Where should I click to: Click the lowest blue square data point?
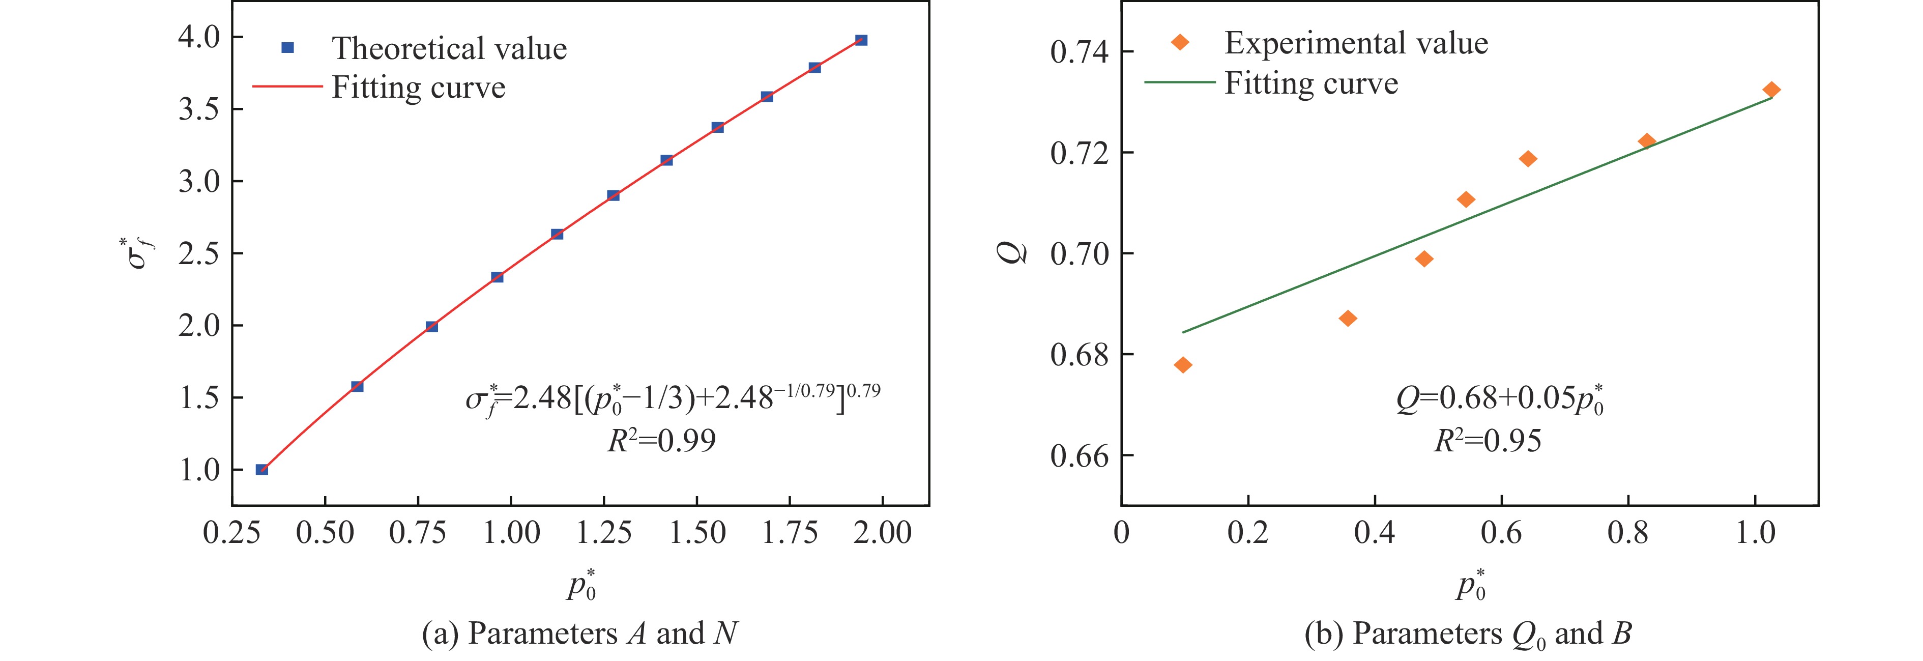(262, 470)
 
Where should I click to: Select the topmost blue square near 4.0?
(861, 40)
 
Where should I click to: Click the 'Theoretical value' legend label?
(449, 48)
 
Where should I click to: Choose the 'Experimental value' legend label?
(1356, 43)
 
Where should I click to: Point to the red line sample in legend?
(287, 87)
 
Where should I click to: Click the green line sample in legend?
(1179, 82)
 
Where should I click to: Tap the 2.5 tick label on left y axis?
(199, 254)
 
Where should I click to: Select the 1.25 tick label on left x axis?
(604, 533)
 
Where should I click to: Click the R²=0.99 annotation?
(661, 441)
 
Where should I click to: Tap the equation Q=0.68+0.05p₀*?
(1499, 399)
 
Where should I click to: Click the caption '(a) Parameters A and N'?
(579, 634)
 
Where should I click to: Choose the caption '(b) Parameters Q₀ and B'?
(1468, 634)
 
